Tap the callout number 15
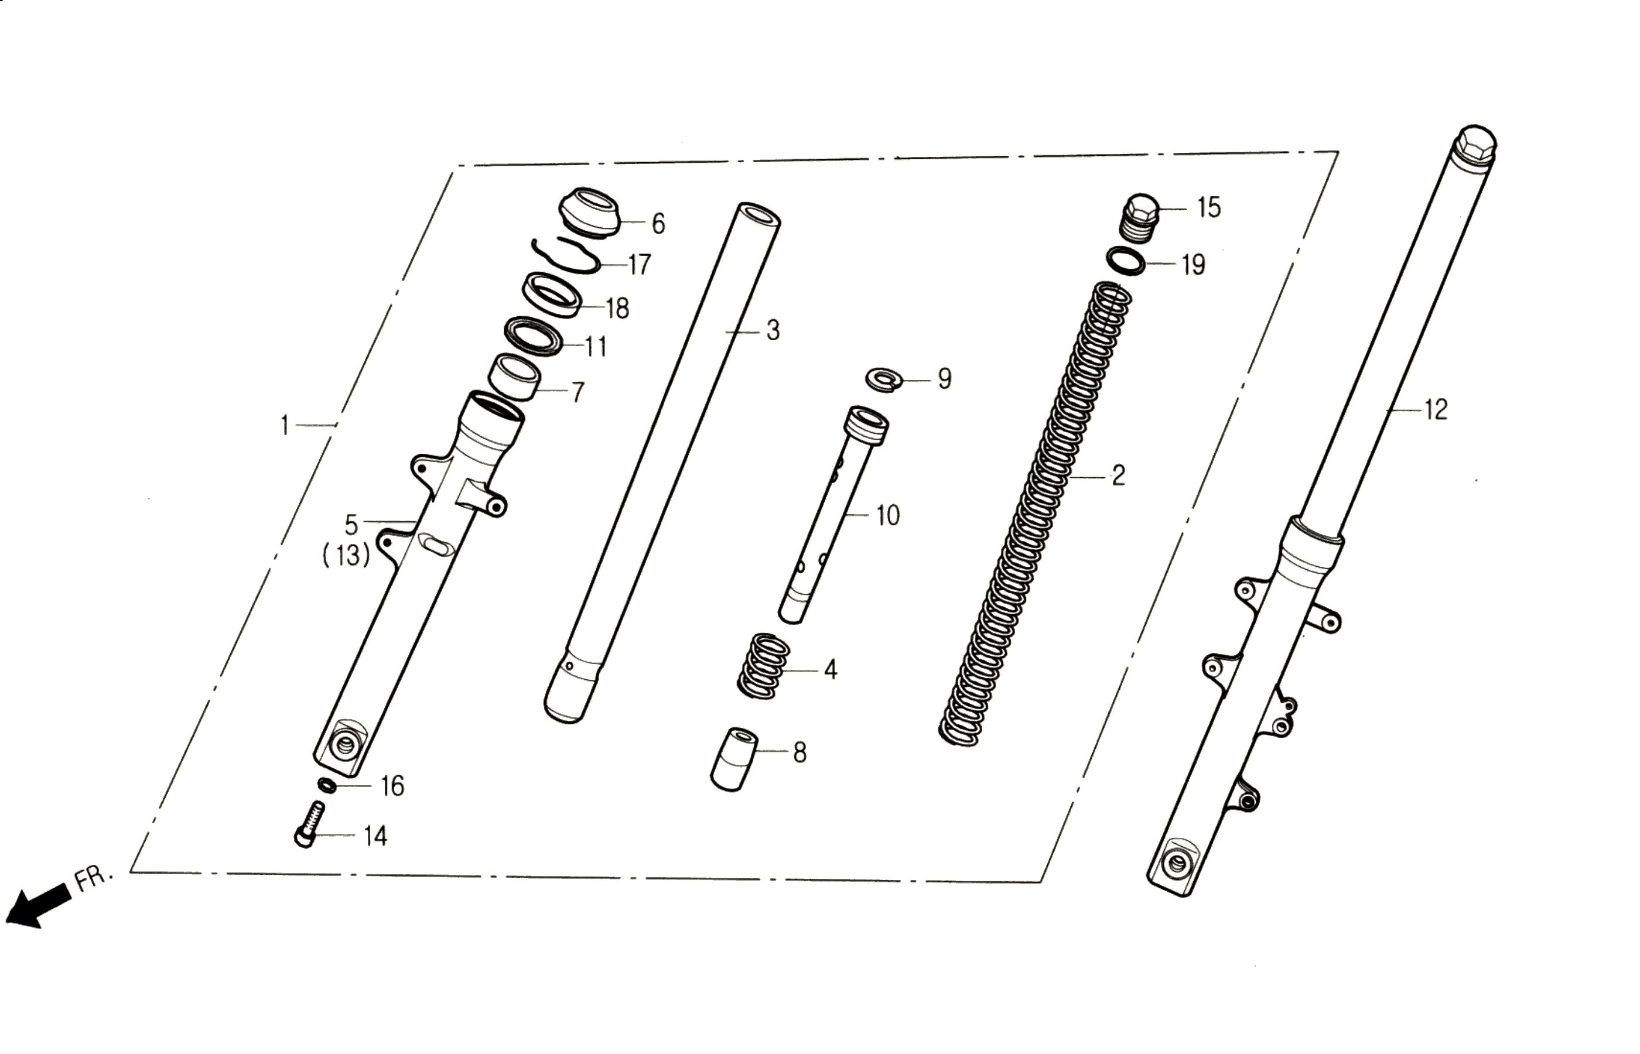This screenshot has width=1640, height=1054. pos(1209,207)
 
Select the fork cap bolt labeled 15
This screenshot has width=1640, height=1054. pos(1142,218)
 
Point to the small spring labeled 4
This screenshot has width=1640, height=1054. pos(763,666)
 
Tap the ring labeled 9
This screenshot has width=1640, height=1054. pos(884,380)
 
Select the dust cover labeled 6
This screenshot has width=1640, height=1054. pos(589,212)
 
